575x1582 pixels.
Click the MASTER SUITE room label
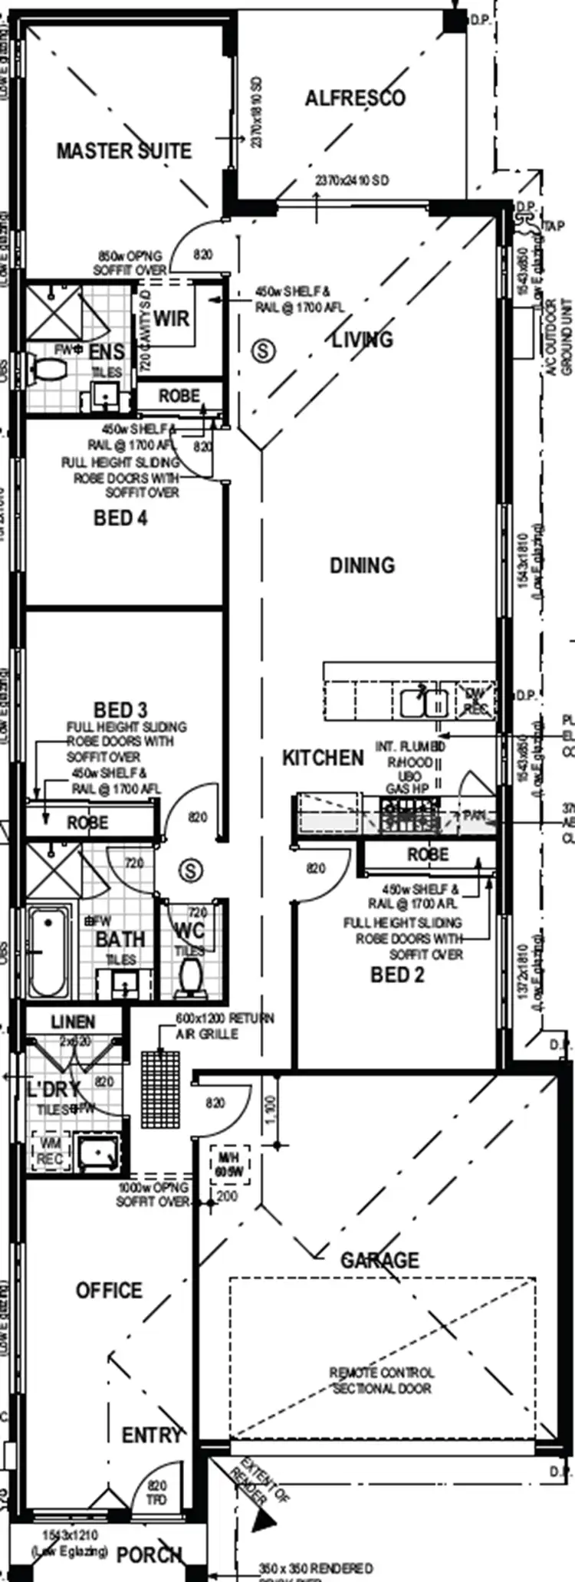[124, 150]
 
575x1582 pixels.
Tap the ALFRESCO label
[355, 98]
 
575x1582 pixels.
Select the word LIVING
[362, 339]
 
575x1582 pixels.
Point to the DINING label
[362, 565]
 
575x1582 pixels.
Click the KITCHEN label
[323, 758]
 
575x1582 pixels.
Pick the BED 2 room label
[396, 975]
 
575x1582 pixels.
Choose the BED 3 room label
[120, 709]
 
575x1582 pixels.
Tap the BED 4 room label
[120, 518]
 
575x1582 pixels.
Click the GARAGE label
[380, 1260]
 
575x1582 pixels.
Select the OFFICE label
[109, 1291]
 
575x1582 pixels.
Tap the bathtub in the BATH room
[48, 951]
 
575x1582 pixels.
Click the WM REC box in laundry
[50, 1153]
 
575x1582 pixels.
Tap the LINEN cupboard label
[73, 1022]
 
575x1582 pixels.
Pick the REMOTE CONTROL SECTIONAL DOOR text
[382, 1380]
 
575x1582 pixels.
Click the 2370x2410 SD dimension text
[352, 180]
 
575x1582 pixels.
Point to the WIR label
[171, 318]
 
